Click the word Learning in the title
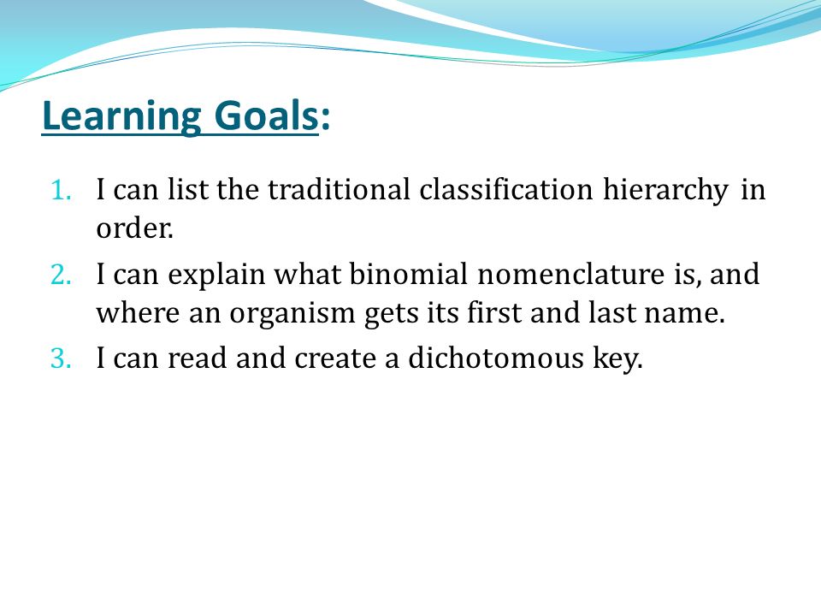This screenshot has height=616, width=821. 121,115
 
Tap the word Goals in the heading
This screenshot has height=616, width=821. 266,115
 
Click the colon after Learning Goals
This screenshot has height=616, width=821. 325,119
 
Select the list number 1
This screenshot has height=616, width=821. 62,190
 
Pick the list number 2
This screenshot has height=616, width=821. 62,275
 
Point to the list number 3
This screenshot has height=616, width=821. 62,358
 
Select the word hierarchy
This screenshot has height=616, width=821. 665,191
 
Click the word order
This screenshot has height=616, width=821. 134,228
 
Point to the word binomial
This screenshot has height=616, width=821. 409,274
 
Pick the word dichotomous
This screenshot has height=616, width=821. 496,358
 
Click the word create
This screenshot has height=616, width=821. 335,358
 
